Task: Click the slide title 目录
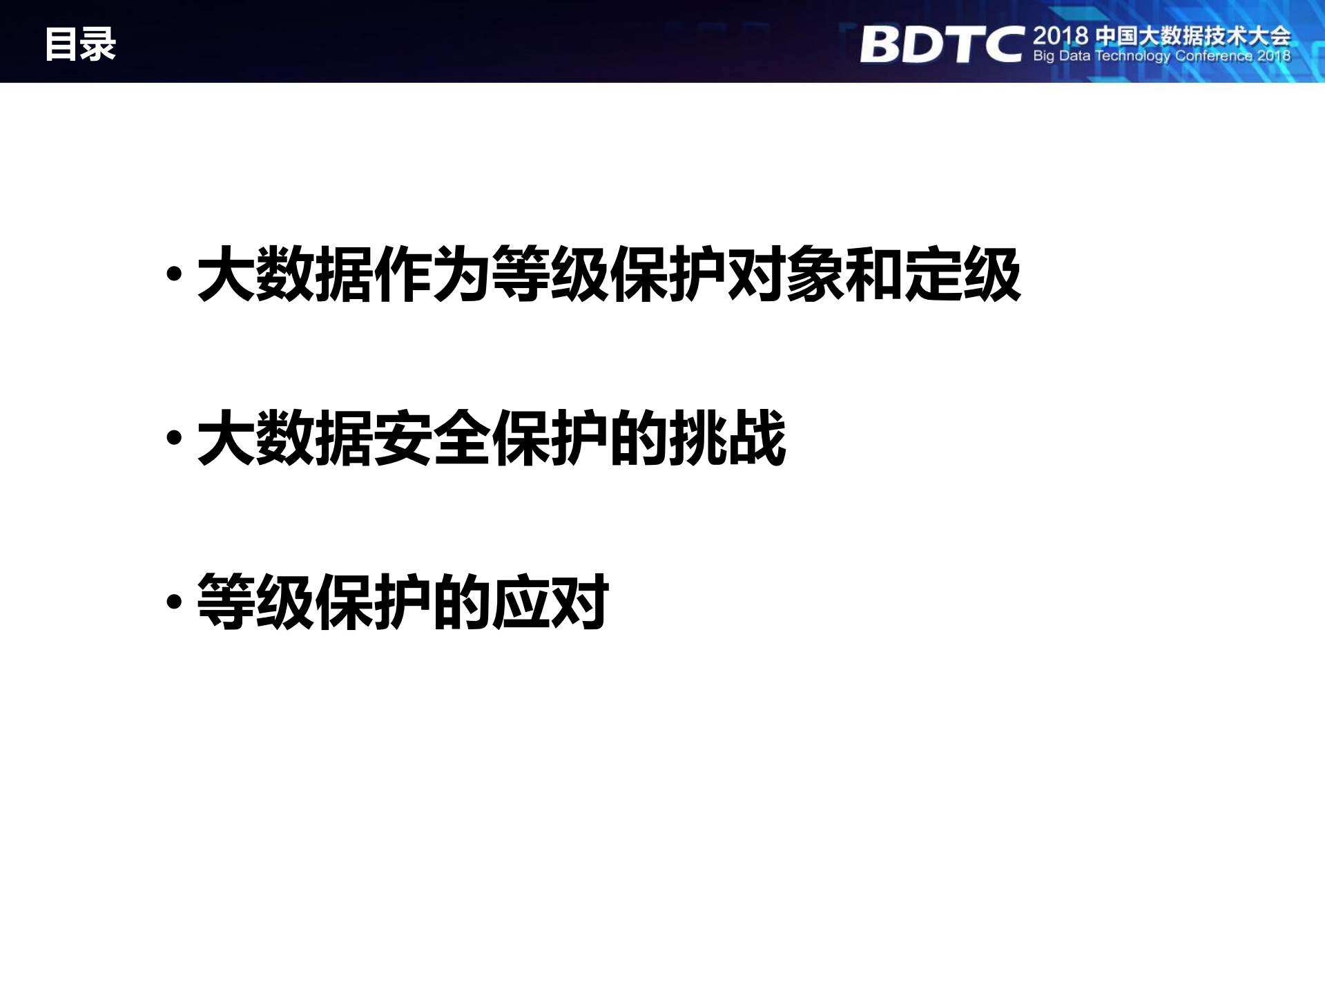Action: pyautogui.click(x=80, y=44)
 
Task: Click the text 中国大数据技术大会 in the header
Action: pyautogui.click(x=1192, y=36)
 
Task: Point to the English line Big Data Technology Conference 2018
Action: pyautogui.click(x=1161, y=56)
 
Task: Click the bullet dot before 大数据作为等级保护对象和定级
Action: pyautogui.click(x=175, y=274)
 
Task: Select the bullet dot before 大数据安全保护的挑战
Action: pyautogui.click(x=175, y=438)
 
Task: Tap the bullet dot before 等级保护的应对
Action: pyautogui.click(x=175, y=602)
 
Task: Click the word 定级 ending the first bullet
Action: pyautogui.click(x=963, y=274)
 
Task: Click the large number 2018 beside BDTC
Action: pyautogui.click(x=1060, y=36)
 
